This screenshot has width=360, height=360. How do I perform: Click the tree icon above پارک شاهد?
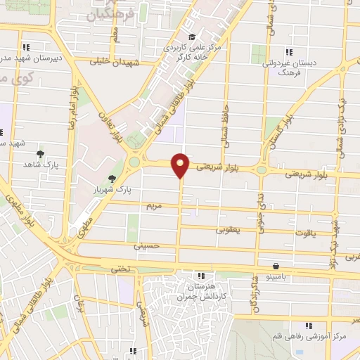pyautogui.click(x=40, y=154)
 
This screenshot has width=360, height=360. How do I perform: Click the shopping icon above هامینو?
pyautogui.click(x=275, y=266)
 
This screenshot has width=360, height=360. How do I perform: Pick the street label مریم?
pyautogui.click(x=154, y=207)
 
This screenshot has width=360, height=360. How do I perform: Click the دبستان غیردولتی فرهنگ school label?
pyautogui.click(x=290, y=67)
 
